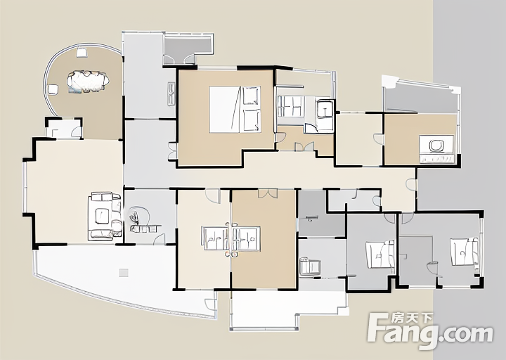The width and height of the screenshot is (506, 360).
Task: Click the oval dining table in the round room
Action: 88,82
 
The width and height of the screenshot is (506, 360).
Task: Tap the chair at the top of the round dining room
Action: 82,52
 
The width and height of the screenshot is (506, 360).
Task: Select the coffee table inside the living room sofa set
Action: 103,214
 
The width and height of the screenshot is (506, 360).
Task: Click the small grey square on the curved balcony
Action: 124,273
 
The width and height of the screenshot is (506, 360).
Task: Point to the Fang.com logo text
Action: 431,333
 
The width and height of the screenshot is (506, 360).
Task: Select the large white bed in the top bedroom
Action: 235,110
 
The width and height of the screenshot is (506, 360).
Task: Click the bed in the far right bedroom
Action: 464,252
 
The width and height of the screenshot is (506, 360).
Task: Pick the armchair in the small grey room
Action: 310,266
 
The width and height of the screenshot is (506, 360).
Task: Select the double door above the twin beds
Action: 268,194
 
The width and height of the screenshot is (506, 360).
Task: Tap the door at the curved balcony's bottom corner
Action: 211,304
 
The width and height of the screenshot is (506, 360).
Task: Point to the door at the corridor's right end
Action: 411,185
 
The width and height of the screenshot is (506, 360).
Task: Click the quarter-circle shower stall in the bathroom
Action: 311,128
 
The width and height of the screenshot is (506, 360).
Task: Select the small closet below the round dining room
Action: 63,128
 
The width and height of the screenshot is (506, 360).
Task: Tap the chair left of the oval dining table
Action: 53,89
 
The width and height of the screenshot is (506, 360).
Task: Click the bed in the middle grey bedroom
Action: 380,254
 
